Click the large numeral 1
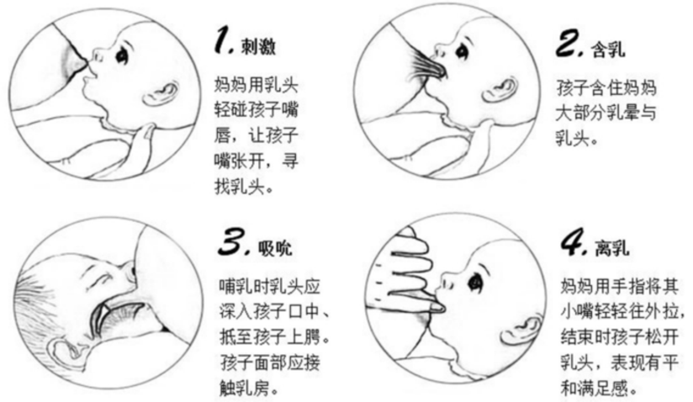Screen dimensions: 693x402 tap(224, 40)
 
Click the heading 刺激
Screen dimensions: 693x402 tap(258, 46)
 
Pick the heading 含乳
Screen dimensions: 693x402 tap(608, 49)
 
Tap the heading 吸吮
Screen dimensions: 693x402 tap(275, 249)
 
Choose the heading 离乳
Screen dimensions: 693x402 tap(612, 248)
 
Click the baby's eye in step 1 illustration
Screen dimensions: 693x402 tap(122, 56)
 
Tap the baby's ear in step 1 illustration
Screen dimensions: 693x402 tap(160, 93)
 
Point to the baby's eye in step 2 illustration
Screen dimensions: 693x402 tap(463, 52)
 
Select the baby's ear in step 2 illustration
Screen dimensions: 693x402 tap(500, 90)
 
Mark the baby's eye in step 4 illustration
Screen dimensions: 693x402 tap(475, 281)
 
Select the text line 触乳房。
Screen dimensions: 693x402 tap(250, 389)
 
